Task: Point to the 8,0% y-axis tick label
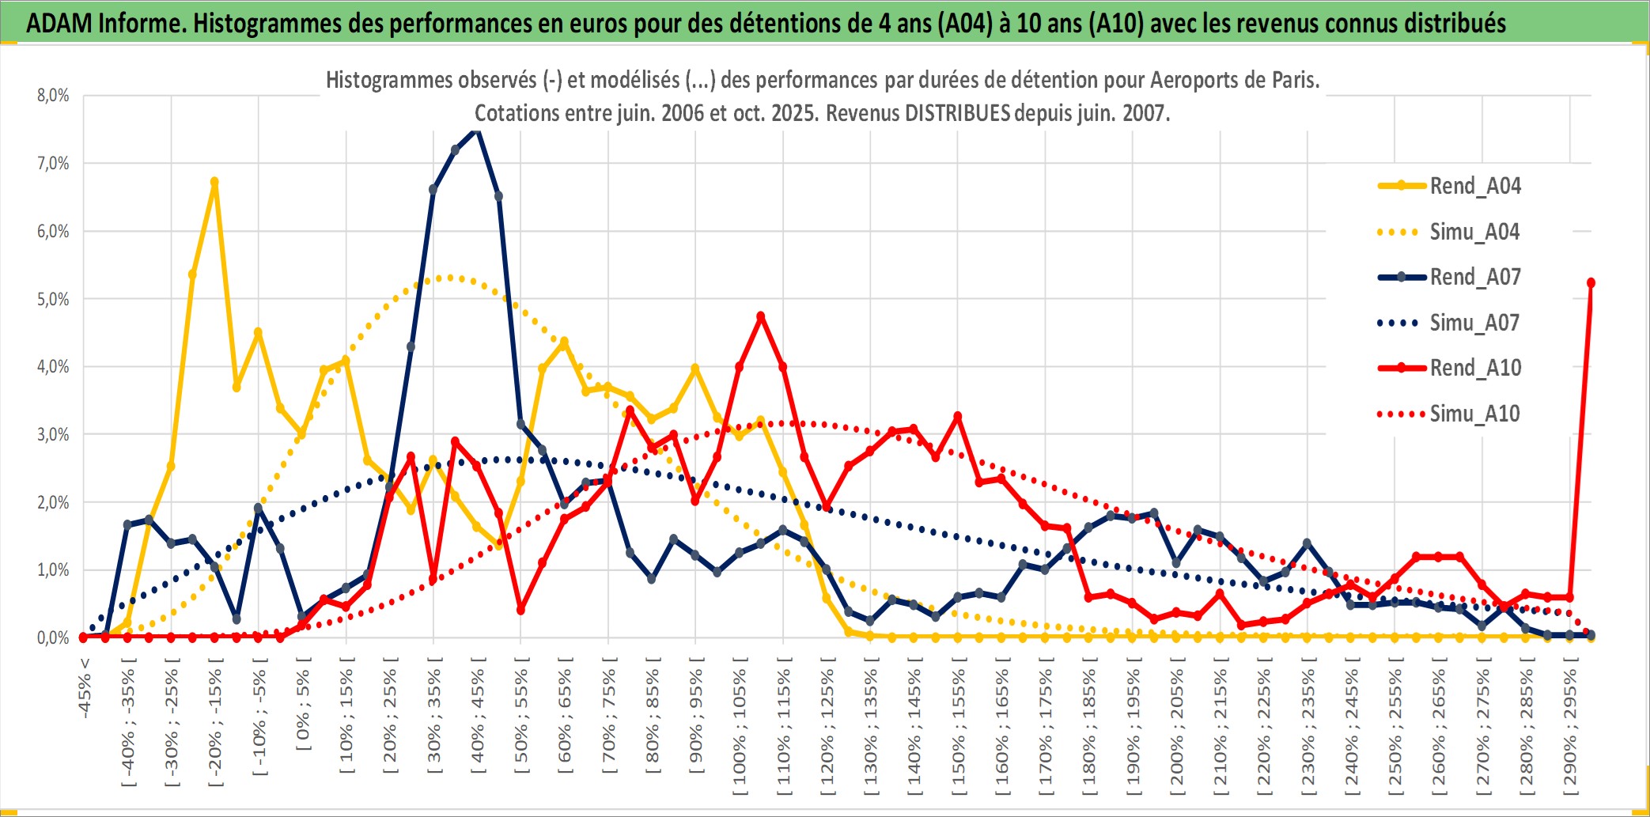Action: point(53,96)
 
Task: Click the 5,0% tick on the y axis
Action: point(53,299)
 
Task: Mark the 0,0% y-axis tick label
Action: point(53,637)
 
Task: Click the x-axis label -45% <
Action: point(85,688)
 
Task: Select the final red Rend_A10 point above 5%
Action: point(1591,283)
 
